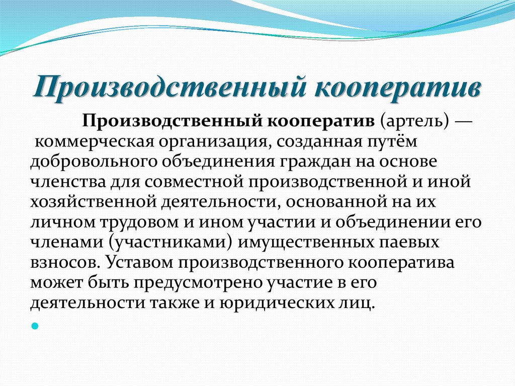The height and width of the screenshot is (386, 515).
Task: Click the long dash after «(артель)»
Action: coord(463,122)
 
